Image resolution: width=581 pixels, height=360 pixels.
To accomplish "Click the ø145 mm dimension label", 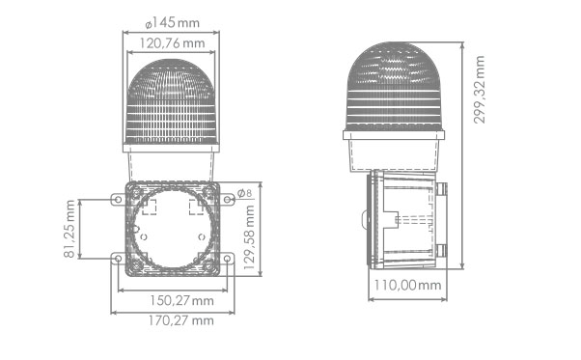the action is (173, 23).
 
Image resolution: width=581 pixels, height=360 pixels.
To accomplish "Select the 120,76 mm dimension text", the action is (173, 43).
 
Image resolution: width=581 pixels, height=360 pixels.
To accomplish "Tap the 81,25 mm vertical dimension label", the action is (69, 229).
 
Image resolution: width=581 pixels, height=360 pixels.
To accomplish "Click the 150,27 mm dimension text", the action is (181, 300).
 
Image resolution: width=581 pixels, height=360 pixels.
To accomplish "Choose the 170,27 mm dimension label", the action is (181, 320).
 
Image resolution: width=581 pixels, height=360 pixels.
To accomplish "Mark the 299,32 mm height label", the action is (479, 90).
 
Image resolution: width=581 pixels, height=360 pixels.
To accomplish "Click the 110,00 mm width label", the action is (407, 285).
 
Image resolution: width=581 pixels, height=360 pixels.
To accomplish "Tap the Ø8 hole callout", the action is (244, 193).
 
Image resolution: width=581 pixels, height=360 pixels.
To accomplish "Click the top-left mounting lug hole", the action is (118, 200).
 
